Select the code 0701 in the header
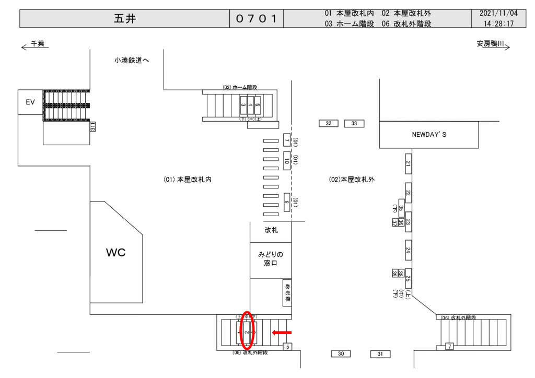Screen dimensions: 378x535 point(256,19)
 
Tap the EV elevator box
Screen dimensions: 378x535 point(30,102)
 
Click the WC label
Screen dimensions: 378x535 point(116,253)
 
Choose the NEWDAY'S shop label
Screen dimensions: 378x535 point(429,135)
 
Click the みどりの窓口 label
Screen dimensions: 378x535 point(270,259)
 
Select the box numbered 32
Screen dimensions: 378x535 point(329,124)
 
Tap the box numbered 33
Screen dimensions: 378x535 point(354,124)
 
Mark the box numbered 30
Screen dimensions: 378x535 point(341,354)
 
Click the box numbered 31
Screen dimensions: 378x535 point(380,355)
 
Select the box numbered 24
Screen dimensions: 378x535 point(408,250)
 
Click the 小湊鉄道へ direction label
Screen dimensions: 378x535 point(132,61)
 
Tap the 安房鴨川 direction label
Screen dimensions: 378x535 point(490,45)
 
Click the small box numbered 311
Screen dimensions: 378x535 point(92,126)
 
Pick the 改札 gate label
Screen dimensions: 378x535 point(271,230)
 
